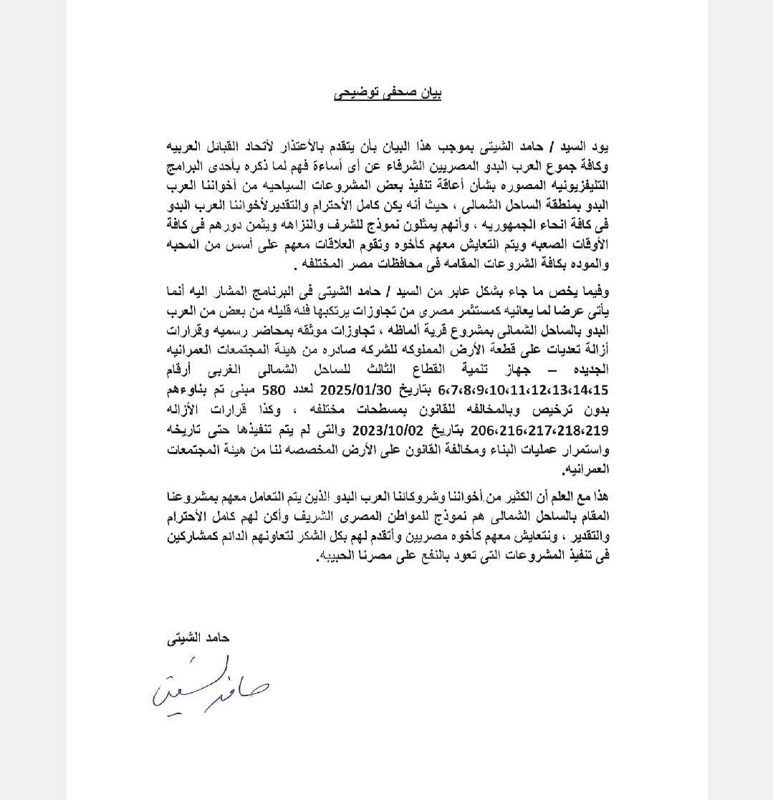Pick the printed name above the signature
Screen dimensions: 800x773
(198, 637)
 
